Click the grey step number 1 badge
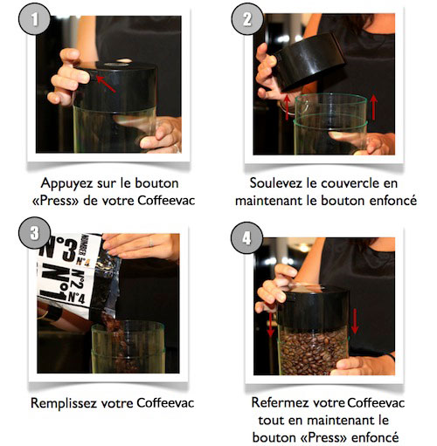click(x=34, y=19)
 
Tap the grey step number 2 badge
click(x=247, y=19)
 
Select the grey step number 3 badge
click(x=34, y=233)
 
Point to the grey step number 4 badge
click(x=246, y=237)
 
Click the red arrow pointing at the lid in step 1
click(x=106, y=84)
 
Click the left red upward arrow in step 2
click(x=288, y=107)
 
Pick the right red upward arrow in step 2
click(x=373, y=107)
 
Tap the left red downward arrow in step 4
click(x=271, y=325)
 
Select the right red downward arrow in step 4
click(x=355, y=321)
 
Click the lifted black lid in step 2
click(x=308, y=60)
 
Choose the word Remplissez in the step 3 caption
click(x=64, y=403)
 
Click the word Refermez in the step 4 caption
click(x=280, y=402)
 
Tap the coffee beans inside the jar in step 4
click(x=313, y=351)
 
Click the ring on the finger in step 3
click(x=151, y=242)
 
